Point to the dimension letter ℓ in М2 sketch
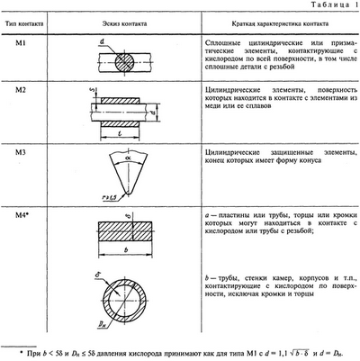click(120, 131)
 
